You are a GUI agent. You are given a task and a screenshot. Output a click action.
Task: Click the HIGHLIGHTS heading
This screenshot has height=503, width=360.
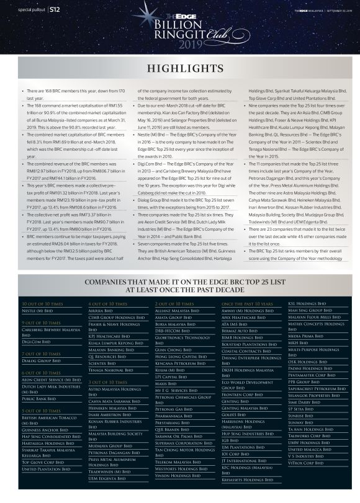180,68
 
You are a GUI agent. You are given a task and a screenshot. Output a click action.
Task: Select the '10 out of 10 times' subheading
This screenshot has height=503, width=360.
42,303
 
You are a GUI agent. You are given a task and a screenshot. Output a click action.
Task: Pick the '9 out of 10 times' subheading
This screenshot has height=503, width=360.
41,323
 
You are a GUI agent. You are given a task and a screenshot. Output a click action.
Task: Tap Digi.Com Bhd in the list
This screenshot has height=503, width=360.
35,341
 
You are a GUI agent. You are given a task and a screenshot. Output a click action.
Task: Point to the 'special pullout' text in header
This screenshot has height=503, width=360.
29,10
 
